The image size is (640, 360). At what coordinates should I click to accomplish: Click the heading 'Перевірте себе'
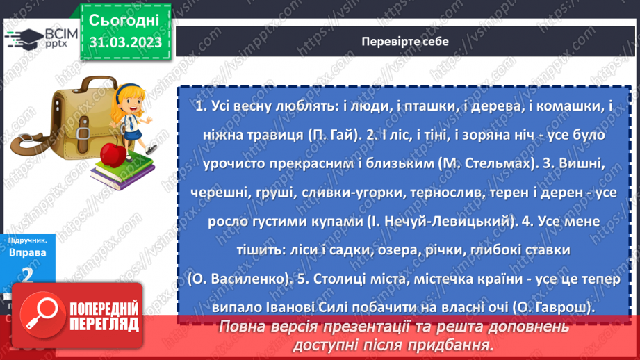[x=404, y=42]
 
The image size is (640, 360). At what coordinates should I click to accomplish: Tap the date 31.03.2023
[x=125, y=42]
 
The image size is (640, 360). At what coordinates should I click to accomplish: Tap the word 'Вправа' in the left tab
[x=28, y=252]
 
